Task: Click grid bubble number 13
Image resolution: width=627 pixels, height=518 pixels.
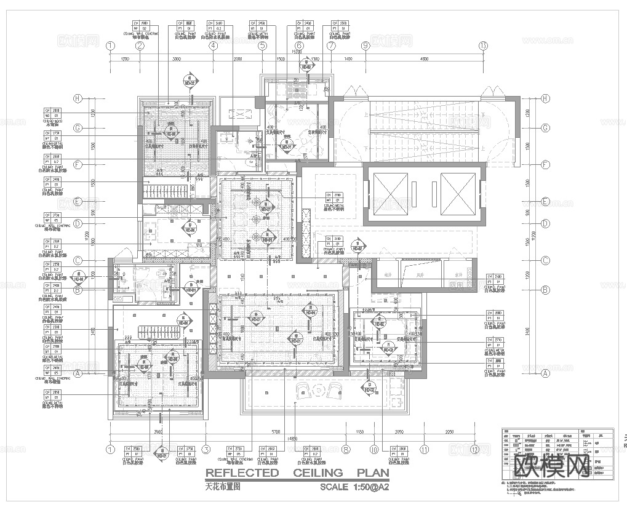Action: pos(483,46)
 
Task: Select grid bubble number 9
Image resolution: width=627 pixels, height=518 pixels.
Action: pos(365,46)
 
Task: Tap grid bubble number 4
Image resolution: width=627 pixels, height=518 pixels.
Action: pos(213,46)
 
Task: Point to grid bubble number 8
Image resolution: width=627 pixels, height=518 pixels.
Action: pos(346,449)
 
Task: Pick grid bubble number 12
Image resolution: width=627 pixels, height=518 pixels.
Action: pos(474,449)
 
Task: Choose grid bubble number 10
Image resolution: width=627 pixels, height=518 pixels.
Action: pos(373,449)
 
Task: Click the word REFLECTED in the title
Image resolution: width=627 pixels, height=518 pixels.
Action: pos(242,472)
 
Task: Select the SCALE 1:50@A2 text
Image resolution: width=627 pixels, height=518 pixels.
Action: pos(354,487)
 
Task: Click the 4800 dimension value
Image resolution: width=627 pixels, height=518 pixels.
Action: pos(425,58)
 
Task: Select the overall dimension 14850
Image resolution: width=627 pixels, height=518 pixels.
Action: pos(294,438)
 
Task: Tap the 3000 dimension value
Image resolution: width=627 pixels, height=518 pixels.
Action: pos(176,58)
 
